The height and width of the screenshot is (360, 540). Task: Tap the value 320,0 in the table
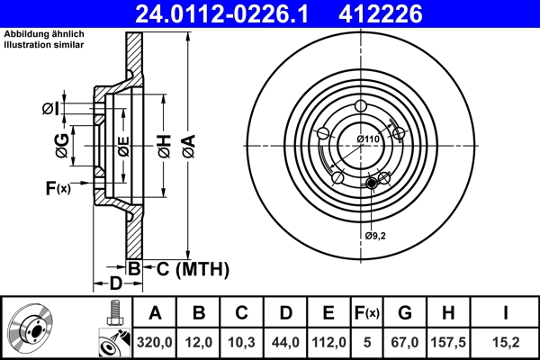point(155,342)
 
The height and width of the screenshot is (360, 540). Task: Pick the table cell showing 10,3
point(242,342)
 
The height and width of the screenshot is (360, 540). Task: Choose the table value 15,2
point(507,342)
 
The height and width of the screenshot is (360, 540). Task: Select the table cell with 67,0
point(404,342)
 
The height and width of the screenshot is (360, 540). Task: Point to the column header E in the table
point(328,313)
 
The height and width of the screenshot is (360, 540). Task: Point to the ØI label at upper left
point(51,109)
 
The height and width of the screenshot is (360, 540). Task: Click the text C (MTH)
point(188,269)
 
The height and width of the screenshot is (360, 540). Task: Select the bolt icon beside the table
point(112,313)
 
